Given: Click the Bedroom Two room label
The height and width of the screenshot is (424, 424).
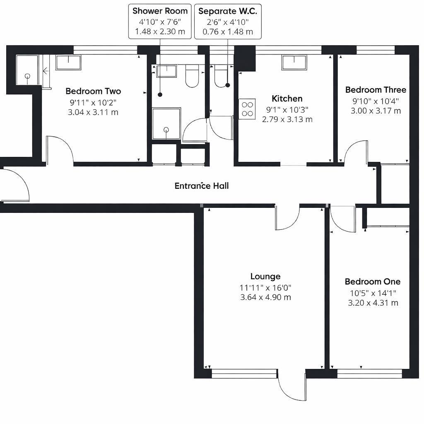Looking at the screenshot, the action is [93, 91].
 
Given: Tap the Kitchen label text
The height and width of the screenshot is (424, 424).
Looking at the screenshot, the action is [287, 99].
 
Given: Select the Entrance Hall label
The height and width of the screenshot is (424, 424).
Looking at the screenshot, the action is [202, 186].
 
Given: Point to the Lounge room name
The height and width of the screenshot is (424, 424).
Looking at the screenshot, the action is [265, 276].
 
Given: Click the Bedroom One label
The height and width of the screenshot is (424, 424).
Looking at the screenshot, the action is [373, 282].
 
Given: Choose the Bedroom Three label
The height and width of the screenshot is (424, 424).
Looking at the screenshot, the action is [376, 90].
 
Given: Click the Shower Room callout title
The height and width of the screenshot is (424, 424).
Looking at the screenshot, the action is [160, 11].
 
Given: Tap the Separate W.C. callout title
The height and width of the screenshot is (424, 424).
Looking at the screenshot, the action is [227, 11].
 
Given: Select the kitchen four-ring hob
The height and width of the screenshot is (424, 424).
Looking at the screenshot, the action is [247, 109].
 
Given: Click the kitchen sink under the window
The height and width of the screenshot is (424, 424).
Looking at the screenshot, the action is [294, 63].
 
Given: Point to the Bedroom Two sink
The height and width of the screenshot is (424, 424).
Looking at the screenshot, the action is [68, 63].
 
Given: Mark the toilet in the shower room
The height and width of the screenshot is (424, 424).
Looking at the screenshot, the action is [192, 77].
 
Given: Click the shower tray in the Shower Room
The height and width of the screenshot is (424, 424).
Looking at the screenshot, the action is [166, 123].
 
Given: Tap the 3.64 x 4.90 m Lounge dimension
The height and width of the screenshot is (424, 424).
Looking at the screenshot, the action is [265, 297].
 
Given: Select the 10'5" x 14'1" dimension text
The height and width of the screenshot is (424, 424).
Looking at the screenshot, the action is [373, 293].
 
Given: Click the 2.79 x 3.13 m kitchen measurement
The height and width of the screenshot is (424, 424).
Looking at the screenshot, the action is [287, 119].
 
